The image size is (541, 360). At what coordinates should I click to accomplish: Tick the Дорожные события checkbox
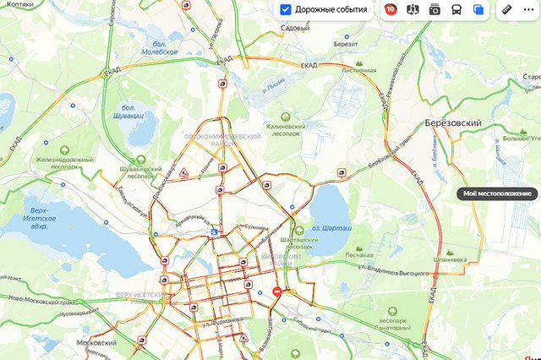click(286, 10)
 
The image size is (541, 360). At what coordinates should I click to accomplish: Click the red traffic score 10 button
click(391, 10)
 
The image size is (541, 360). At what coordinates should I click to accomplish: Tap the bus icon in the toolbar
click(456, 10)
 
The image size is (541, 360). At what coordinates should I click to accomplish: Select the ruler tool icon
click(506, 10)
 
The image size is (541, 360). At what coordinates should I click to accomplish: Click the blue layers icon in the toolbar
click(478, 10)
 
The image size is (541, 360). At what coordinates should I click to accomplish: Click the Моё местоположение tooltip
click(498, 194)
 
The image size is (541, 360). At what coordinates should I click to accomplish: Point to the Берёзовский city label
click(452, 123)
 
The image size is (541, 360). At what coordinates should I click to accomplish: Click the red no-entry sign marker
click(278, 291)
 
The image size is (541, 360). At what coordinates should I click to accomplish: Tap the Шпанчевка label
click(450, 260)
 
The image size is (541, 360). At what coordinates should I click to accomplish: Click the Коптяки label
click(19, 3)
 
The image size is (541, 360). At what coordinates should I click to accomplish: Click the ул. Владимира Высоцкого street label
click(374, 270)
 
